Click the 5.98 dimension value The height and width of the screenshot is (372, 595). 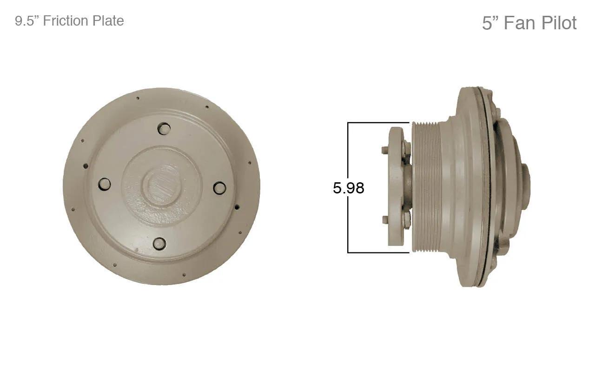tap(348, 188)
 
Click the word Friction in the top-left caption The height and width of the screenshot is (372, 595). tap(66, 21)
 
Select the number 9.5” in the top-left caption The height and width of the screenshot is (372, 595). tap(27, 21)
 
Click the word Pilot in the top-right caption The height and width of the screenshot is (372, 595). tap(559, 23)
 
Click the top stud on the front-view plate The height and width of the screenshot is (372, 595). tap(165, 129)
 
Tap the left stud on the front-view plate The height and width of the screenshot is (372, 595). tap(105, 184)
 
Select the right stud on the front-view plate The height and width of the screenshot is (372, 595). tap(220, 187)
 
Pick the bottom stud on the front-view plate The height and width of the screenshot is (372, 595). tap(159, 243)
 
